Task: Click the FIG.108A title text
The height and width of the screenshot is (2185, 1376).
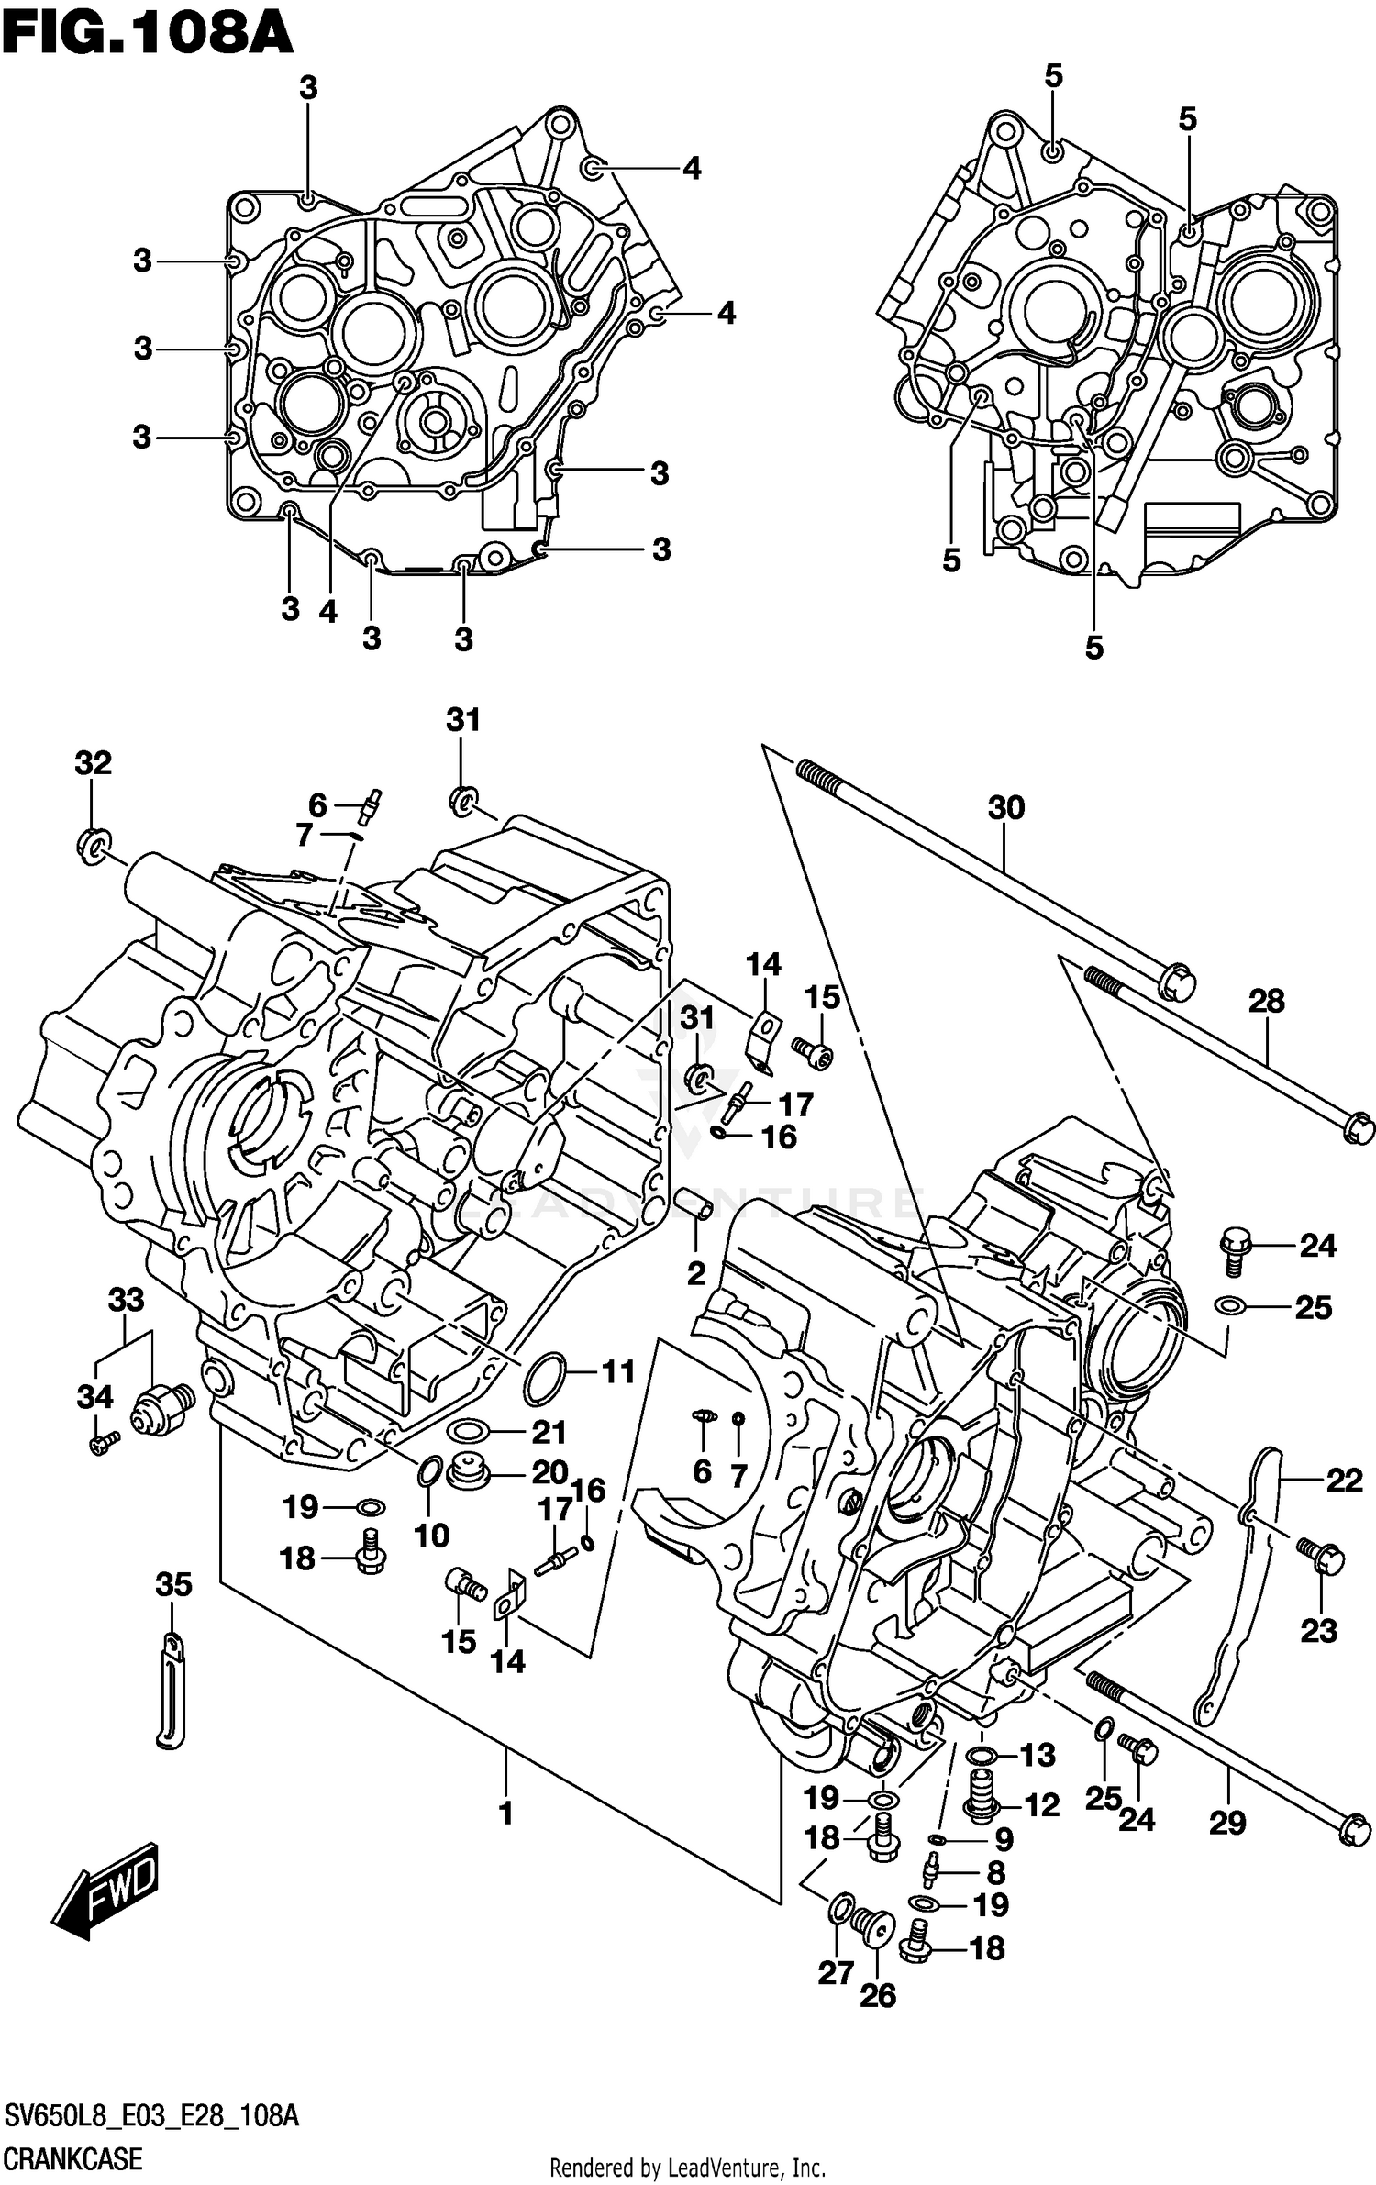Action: click(147, 35)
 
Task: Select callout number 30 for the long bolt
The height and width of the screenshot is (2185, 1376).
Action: click(1005, 808)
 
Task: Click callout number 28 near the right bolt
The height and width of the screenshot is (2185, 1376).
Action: click(1266, 1001)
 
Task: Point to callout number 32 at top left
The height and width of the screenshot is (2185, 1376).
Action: click(93, 762)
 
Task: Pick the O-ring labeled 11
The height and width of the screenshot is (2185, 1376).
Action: click(543, 1379)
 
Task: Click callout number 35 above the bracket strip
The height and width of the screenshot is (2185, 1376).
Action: click(173, 1584)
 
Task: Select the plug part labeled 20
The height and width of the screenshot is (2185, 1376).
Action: click(471, 1473)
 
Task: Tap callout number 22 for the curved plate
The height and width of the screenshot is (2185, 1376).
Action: click(1344, 1480)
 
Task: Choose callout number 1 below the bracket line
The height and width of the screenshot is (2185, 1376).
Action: click(505, 1813)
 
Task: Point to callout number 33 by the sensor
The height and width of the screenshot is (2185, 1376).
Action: click(126, 1299)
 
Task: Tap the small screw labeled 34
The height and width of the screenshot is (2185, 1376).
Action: click(103, 1445)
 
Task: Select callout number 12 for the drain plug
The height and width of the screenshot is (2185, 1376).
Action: click(1041, 1805)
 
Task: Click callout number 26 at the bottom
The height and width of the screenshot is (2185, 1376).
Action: click(877, 1995)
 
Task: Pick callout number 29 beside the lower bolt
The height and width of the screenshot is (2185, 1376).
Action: click(1227, 1823)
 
